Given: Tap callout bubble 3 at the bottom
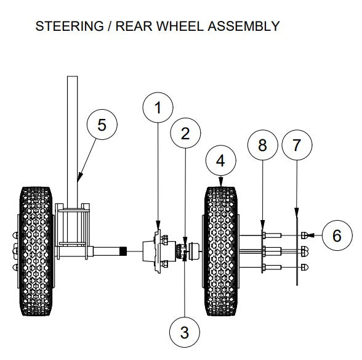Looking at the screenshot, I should [185, 332].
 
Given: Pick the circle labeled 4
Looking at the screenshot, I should [220, 162].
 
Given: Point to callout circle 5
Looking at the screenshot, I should [102, 124].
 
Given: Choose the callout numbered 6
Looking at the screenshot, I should [336, 235].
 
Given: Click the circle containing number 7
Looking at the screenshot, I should [297, 145].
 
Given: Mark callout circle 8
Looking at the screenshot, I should [263, 145].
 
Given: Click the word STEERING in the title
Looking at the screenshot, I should [65, 26].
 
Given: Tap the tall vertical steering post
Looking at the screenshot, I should [73, 136].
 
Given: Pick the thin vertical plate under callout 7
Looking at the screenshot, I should [296, 247].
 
